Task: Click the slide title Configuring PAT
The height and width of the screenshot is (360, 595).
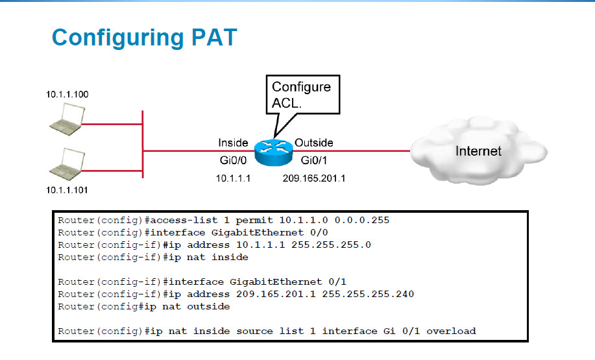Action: (x=144, y=37)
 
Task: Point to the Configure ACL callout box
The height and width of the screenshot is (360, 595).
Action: (x=301, y=95)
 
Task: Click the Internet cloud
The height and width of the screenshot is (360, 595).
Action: (x=479, y=152)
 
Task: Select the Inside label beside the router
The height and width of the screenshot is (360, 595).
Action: (x=233, y=143)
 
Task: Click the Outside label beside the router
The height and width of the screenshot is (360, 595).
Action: (x=314, y=143)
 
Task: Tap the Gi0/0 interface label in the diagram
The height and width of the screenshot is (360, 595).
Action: (x=231, y=159)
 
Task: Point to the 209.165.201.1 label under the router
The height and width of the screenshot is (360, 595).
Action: (x=314, y=178)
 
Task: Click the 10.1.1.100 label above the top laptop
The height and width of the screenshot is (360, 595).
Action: (x=67, y=95)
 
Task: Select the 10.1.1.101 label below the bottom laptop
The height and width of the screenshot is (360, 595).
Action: (x=67, y=190)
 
